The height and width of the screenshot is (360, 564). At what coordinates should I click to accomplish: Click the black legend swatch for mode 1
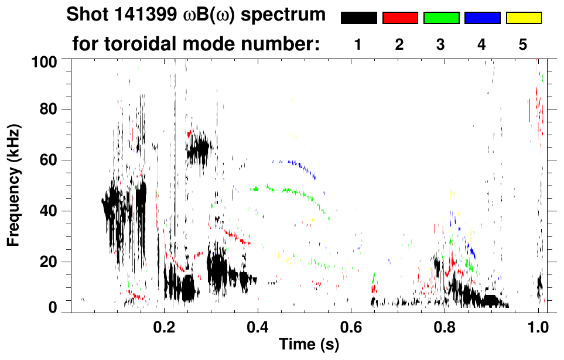pos(358,18)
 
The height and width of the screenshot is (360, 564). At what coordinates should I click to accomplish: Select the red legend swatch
pos(400,18)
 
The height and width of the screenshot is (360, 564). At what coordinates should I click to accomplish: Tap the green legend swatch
pos(441,18)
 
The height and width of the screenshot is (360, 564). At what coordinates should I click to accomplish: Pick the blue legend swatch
pos(482,18)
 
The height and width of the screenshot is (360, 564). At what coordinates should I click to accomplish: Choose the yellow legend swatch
pos(523,18)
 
